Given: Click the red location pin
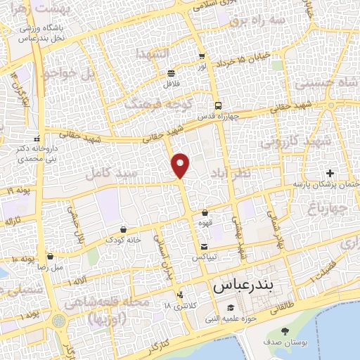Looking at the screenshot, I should (x=181, y=165).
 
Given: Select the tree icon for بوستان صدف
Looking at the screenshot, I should (x=285, y=331).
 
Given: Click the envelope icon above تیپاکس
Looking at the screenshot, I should (x=204, y=247).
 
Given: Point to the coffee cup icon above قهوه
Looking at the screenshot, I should (x=205, y=212).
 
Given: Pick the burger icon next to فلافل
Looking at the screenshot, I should (x=172, y=73).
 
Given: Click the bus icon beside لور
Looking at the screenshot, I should (x=202, y=56).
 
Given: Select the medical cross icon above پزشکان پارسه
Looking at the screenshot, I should (x=330, y=173).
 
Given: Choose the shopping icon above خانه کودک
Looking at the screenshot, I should (x=124, y=229).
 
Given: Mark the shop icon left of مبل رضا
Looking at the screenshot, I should (x=50, y=257).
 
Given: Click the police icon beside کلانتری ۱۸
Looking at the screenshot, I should (x=181, y=295).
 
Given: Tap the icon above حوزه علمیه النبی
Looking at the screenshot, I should (x=231, y=307).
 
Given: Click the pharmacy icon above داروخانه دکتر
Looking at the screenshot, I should (x=37, y=138).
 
